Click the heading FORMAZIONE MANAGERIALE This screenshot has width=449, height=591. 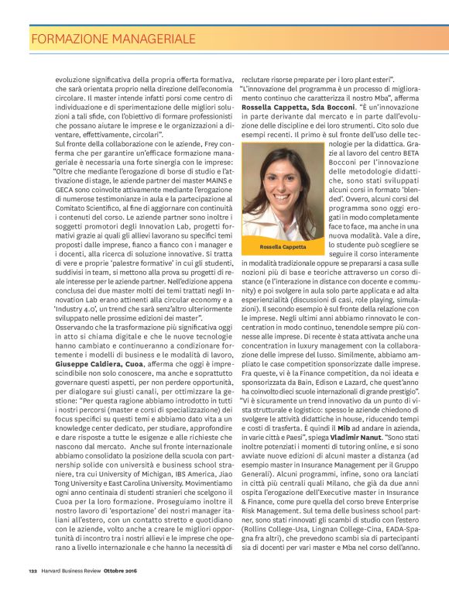pyautogui.click(x=112, y=38)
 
